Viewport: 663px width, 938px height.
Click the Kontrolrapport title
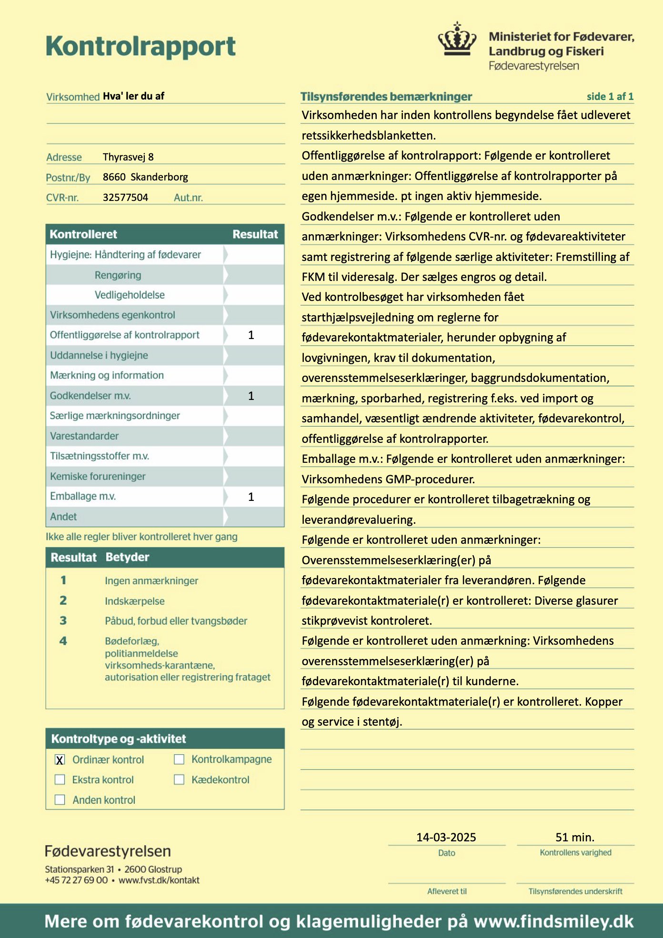pyautogui.click(x=141, y=46)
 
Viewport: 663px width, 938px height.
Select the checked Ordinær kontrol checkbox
pyautogui.click(x=60, y=759)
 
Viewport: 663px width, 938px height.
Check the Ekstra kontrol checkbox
pyautogui.click(x=60, y=779)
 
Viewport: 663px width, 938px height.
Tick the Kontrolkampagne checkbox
pyautogui.click(x=179, y=759)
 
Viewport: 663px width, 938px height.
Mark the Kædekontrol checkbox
pyautogui.click(x=179, y=779)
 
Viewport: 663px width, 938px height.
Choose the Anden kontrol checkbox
pyautogui.click(x=60, y=799)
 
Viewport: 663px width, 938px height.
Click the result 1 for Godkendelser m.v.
pyautogui.click(x=251, y=396)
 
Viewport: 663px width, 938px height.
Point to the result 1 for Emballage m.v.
pyautogui.click(x=251, y=497)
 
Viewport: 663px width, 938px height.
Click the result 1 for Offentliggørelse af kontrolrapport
pyautogui.click(x=251, y=335)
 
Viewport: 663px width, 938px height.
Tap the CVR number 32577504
pyautogui.click(x=125, y=198)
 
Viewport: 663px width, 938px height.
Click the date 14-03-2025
pyautogui.click(x=446, y=837)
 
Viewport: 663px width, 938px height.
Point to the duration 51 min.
pyautogui.click(x=575, y=837)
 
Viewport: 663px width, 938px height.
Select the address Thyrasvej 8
pyautogui.click(x=128, y=157)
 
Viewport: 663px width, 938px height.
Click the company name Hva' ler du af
pyautogui.click(x=133, y=96)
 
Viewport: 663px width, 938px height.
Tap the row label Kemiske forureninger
pyautogui.click(x=98, y=476)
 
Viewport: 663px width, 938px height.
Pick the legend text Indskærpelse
pyautogui.click(x=135, y=601)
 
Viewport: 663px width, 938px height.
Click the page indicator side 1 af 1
pyautogui.click(x=610, y=97)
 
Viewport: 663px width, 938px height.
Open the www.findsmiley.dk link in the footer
pyautogui.click(x=553, y=921)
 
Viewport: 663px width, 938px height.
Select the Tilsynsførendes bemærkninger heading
pyautogui.click(x=386, y=97)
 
